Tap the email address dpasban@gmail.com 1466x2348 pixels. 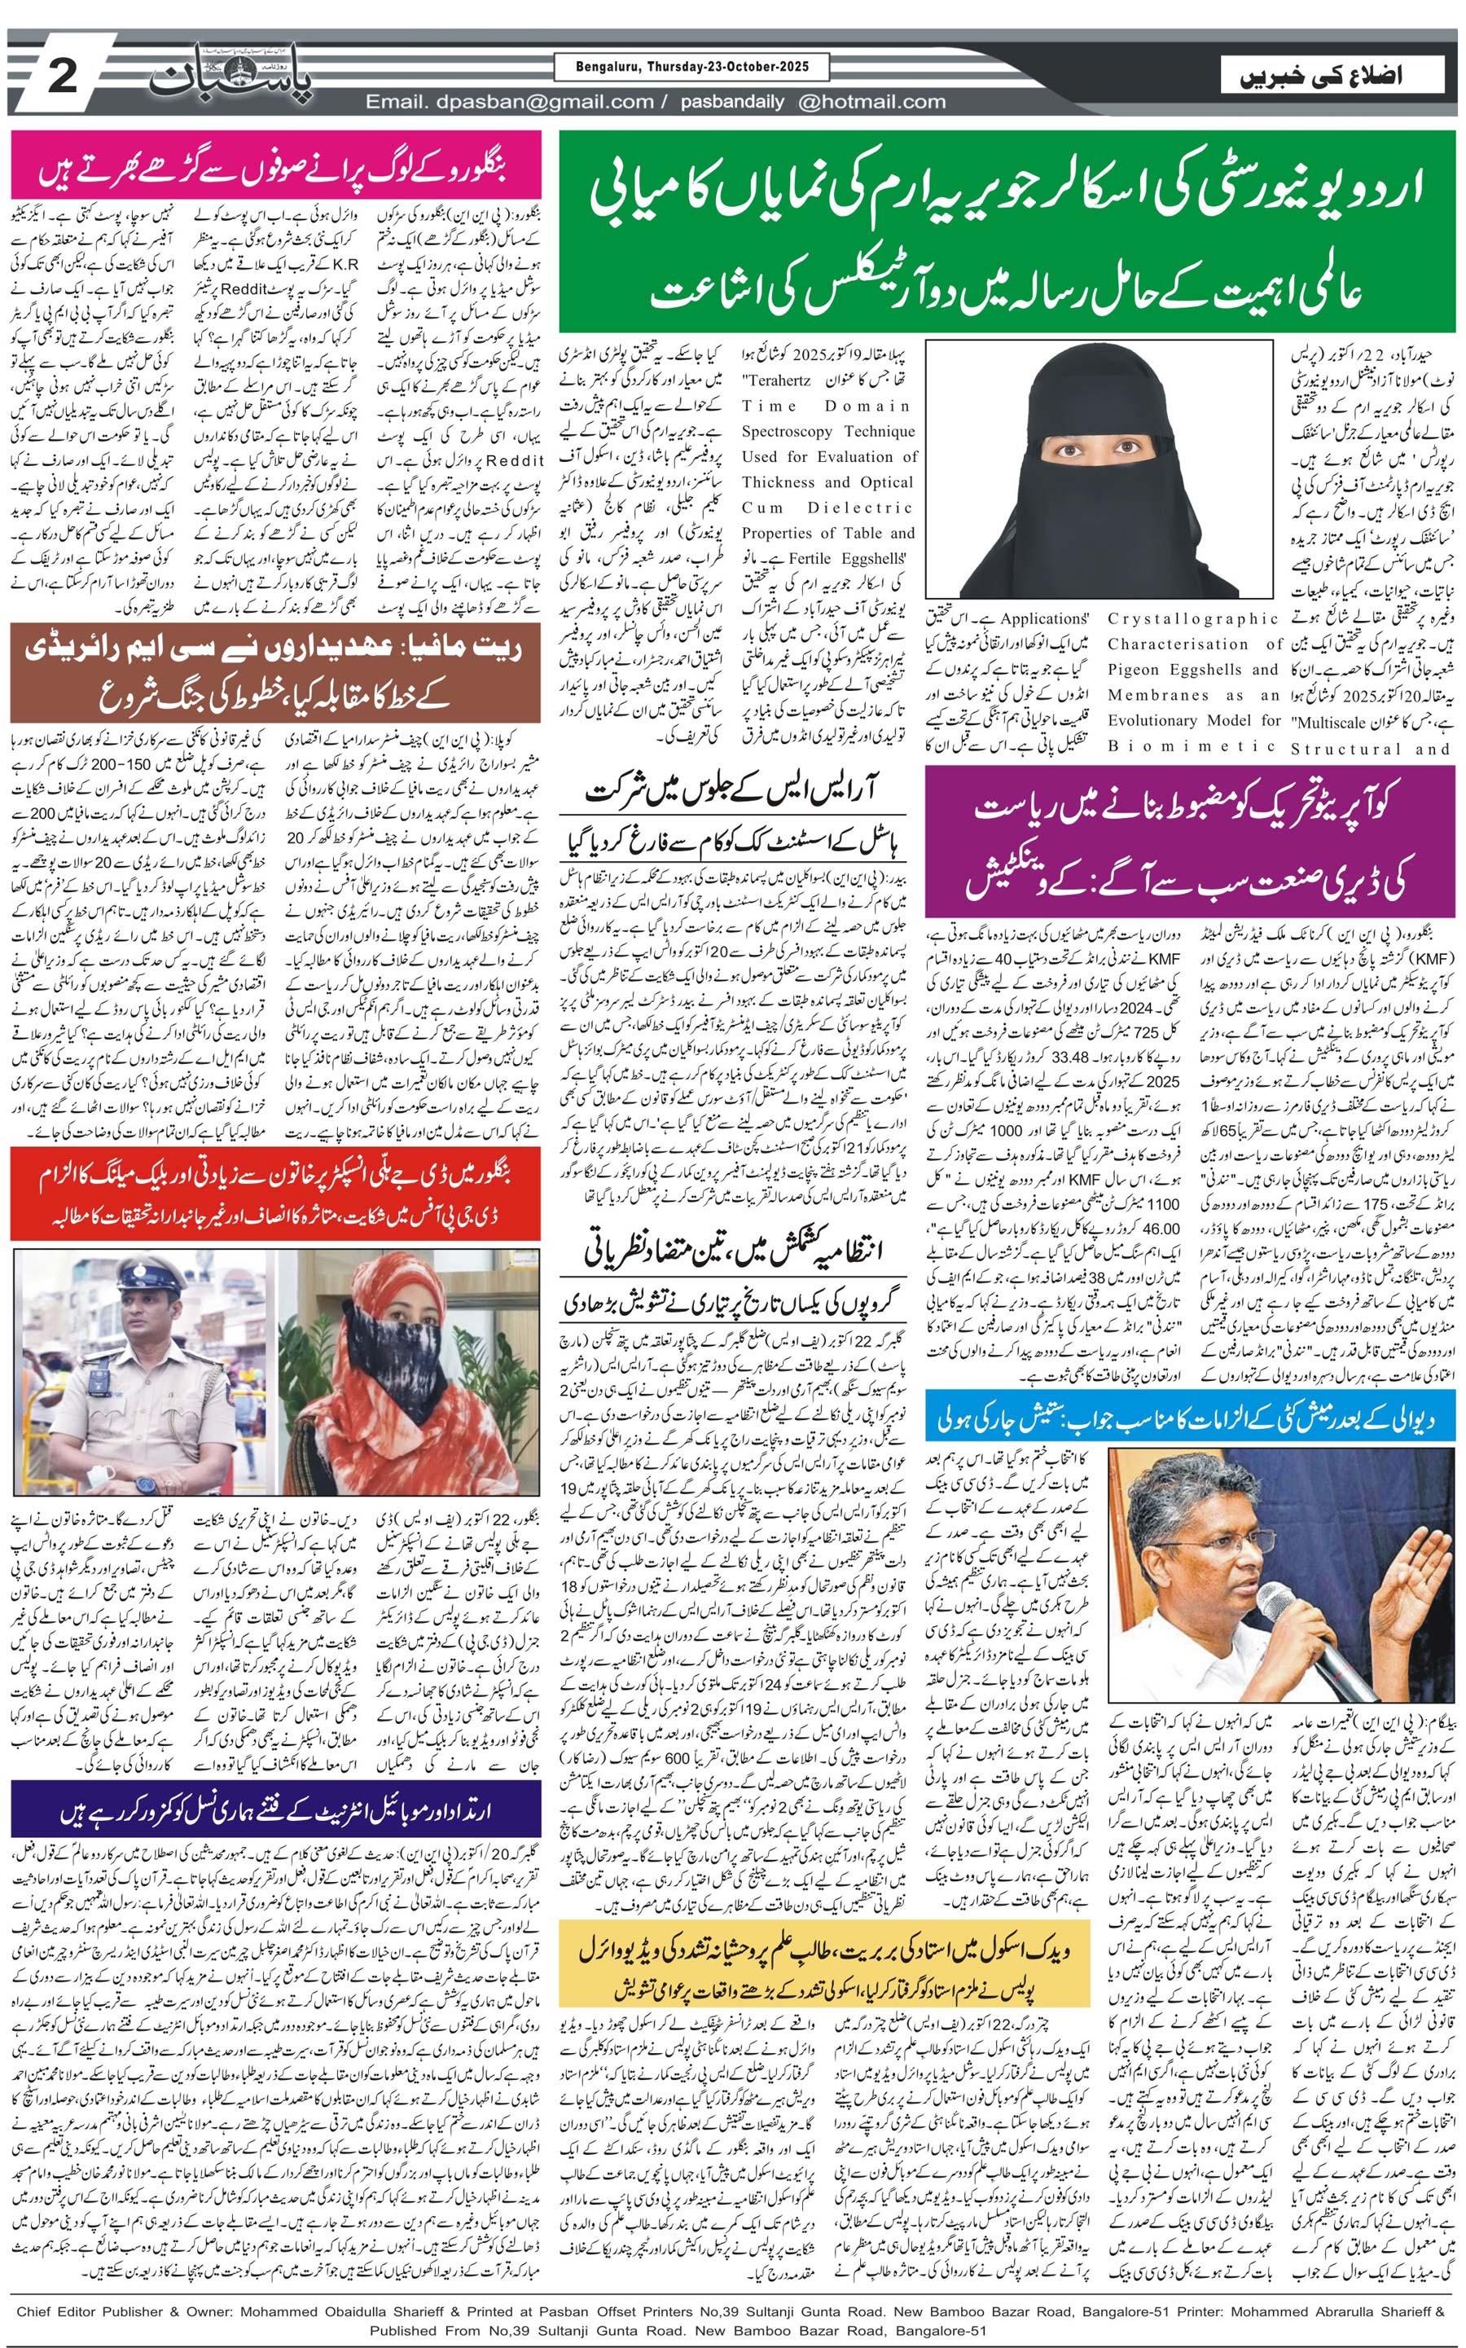point(510,102)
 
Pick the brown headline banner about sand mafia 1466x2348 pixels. point(275,673)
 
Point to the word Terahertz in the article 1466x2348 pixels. point(775,381)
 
